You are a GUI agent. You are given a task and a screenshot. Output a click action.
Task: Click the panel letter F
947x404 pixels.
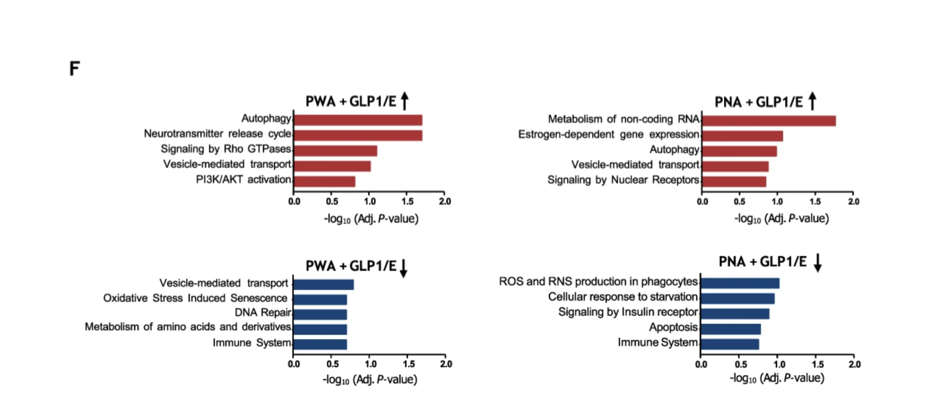(x=75, y=69)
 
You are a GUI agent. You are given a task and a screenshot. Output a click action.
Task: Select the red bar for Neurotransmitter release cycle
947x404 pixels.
(x=358, y=135)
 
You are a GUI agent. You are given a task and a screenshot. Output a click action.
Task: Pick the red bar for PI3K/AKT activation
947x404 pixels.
(x=324, y=182)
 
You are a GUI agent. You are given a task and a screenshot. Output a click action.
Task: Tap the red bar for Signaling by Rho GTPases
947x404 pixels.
(x=335, y=151)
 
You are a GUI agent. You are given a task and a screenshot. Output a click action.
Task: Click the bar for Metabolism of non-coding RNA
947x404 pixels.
(x=768, y=121)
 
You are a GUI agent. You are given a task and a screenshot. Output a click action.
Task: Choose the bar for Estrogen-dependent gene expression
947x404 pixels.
(x=742, y=136)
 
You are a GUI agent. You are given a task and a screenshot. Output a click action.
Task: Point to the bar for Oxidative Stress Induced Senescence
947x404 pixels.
(x=320, y=300)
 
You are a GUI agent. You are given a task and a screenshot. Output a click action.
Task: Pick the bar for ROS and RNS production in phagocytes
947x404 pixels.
(x=740, y=283)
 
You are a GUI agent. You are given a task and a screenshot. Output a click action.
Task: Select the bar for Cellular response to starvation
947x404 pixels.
(x=737, y=298)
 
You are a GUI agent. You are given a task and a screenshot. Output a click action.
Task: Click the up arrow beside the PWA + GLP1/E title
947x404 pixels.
(x=405, y=100)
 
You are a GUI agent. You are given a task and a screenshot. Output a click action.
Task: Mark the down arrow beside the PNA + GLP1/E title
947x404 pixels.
(x=818, y=263)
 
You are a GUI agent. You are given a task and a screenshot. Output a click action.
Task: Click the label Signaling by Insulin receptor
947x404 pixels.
(x=628, y=312)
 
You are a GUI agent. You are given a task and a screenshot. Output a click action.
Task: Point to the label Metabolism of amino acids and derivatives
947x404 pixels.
(x=188, y=327)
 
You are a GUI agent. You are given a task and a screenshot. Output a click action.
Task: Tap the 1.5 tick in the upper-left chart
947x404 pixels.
(x=407, y=202)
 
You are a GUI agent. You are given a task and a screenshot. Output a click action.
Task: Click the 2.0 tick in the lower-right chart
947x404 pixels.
(x=854, y=365)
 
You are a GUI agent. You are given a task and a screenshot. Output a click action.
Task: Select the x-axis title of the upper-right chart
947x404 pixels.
(x=781, y=219)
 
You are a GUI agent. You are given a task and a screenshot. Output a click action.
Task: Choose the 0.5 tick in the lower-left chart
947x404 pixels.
(x=332, y=364)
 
